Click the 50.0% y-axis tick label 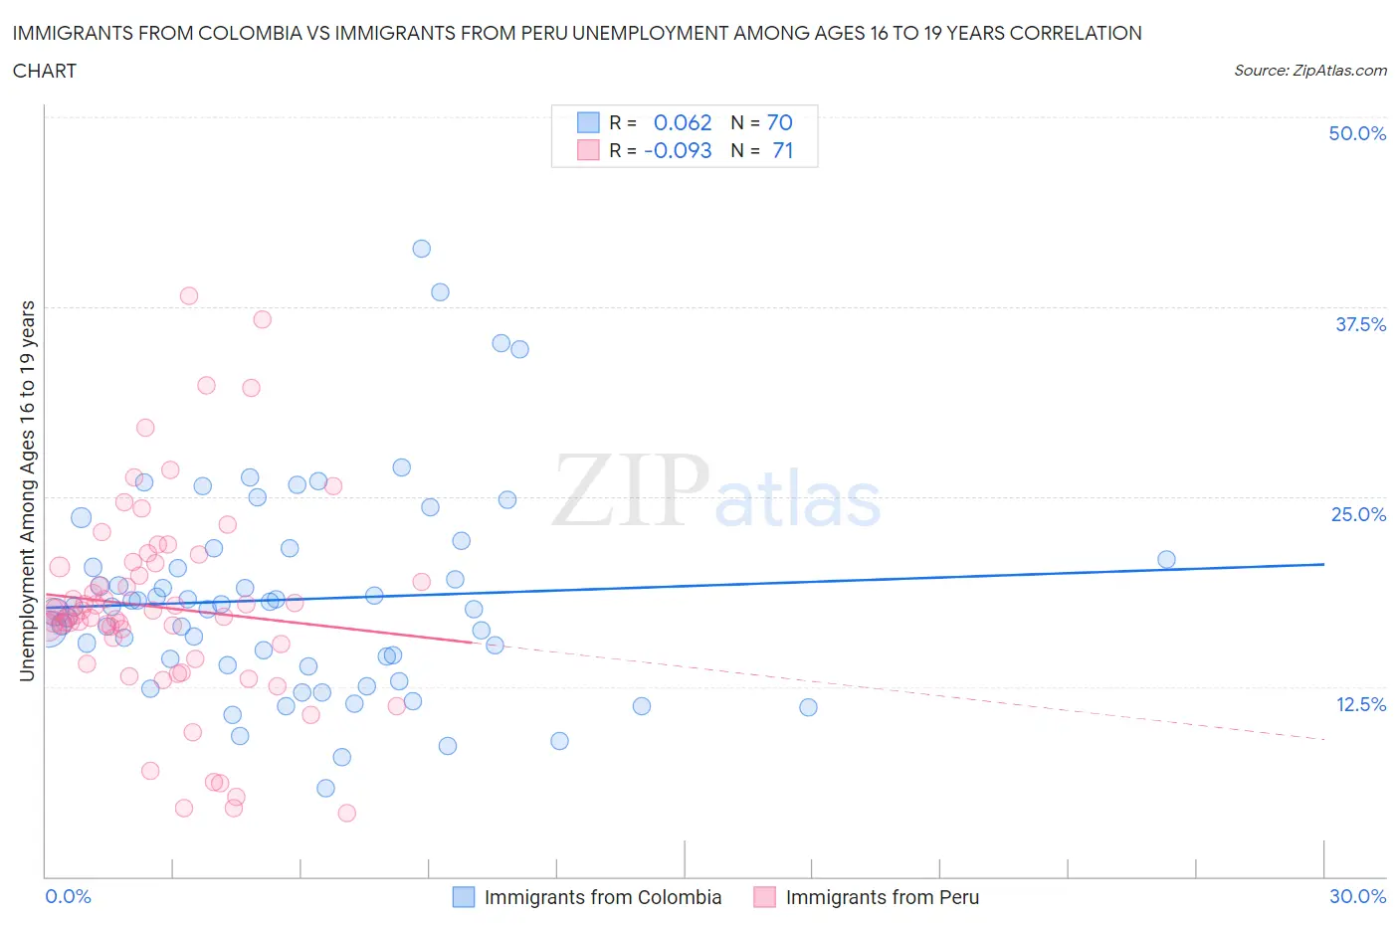pyautogui.click(x=1357, y=133)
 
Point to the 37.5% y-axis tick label pyautogui.click(x=1360, y=324)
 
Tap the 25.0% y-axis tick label pyautogui.click(x=1358, y=514)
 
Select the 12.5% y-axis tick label pyautogui.click(x=1360, y=704)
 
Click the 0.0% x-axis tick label pyautogui.click(x=68, y=896)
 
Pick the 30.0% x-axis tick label pyautogui.click(x=1357, y=896)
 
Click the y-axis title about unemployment pyautogui.click(x=27, y=491)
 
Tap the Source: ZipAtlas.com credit pyautogui.click(x=1309, y=71)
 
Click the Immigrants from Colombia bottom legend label pyautogui.click(x=602, y=897)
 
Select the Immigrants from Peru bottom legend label pyautogui.click(x=882, y=897)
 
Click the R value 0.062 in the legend pyautogui.click(x=683, y=122)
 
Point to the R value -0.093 pyautogui.click(x=678, y=150)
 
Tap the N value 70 pyautogui.click(x=779, y=122)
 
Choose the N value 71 pyautogui.click(x=782, y=150)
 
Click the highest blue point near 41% pyautogui.click(x=421, y=249)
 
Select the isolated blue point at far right pyautogui.click(x=1166, y=560)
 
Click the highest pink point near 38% pyautogui.click(x=188, y=295)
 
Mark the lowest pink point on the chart pyautogui.click(x=346, y=813)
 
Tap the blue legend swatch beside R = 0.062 pyautogui.click(x=588, y=122)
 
